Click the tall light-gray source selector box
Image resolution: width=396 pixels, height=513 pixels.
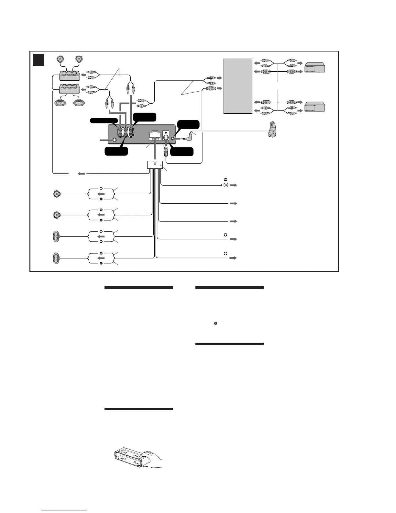click(238, 86)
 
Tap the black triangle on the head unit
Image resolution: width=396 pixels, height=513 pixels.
click(166, 133)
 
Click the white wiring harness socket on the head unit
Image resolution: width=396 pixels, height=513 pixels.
click(155, 136)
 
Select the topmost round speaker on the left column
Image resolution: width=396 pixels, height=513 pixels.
click(57, 194)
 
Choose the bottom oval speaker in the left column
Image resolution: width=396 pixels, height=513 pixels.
click(56, 258)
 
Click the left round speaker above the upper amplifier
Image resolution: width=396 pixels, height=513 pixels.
click(60, 59)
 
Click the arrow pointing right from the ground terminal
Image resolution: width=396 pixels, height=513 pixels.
click(234, 185)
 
